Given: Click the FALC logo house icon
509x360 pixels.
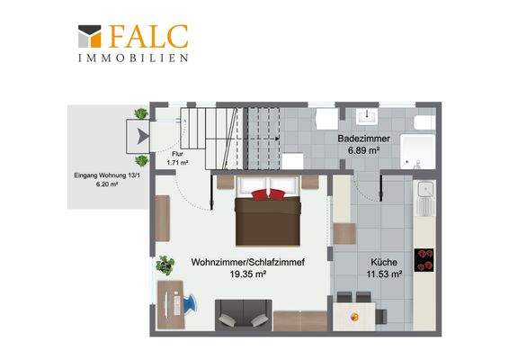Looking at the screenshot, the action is tap(90, 36).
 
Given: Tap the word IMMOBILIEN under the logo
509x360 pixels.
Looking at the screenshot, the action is tap(133, 58).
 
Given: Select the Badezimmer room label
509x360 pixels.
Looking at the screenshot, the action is tap(363, 139).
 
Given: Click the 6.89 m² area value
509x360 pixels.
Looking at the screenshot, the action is tap(364, 151).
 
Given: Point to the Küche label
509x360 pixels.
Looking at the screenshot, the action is tap(384, 262).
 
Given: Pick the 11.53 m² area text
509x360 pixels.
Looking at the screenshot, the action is tap(384, 274).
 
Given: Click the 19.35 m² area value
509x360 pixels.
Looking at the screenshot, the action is tap(248, 274).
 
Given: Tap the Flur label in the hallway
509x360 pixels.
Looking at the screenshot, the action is tap(177, 154).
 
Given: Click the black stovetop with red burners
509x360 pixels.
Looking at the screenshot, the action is tap(424, 260).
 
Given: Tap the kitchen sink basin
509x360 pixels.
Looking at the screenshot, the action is tap(425, 190).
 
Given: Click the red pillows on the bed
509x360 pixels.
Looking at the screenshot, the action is tap(268, 194).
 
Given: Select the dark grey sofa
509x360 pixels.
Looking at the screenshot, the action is tap(243, 315).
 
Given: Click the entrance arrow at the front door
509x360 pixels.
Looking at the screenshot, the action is tap(142, 136).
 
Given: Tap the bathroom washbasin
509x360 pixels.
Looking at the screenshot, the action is tap(367, 117).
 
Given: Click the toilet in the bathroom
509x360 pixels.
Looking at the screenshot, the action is tap(424, 122).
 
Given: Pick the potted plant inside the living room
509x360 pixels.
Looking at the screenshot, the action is tap(165, 265).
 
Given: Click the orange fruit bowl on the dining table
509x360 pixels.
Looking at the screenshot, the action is tap(354, 317).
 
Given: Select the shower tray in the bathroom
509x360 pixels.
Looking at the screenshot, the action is tap(417, 151).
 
